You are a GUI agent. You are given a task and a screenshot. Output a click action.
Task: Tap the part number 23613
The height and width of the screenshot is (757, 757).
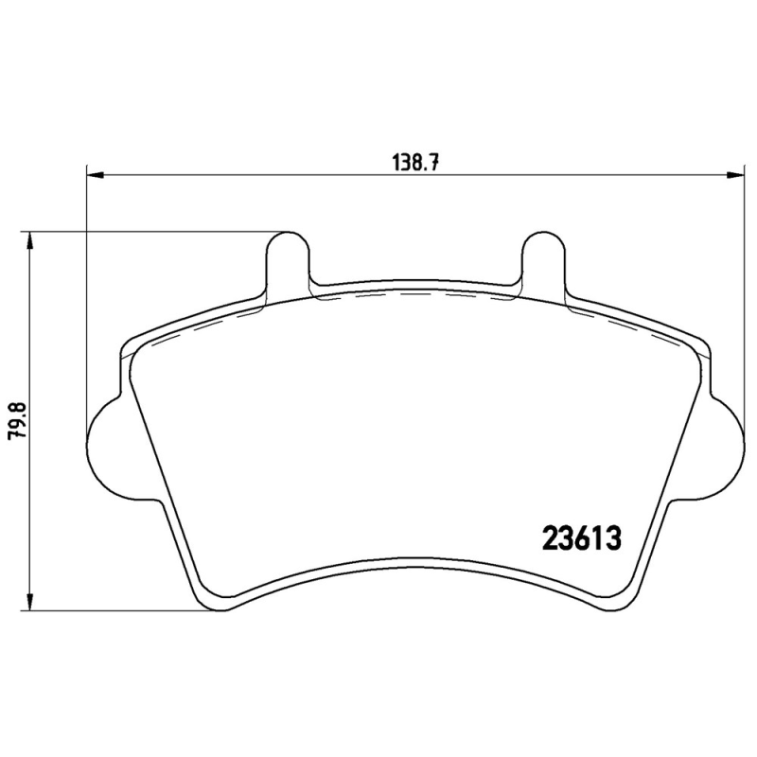pyautogui.click(x=580, y=539)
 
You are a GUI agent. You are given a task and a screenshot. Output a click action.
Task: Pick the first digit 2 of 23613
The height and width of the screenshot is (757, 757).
pyautogui.click(x=549, y=539)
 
